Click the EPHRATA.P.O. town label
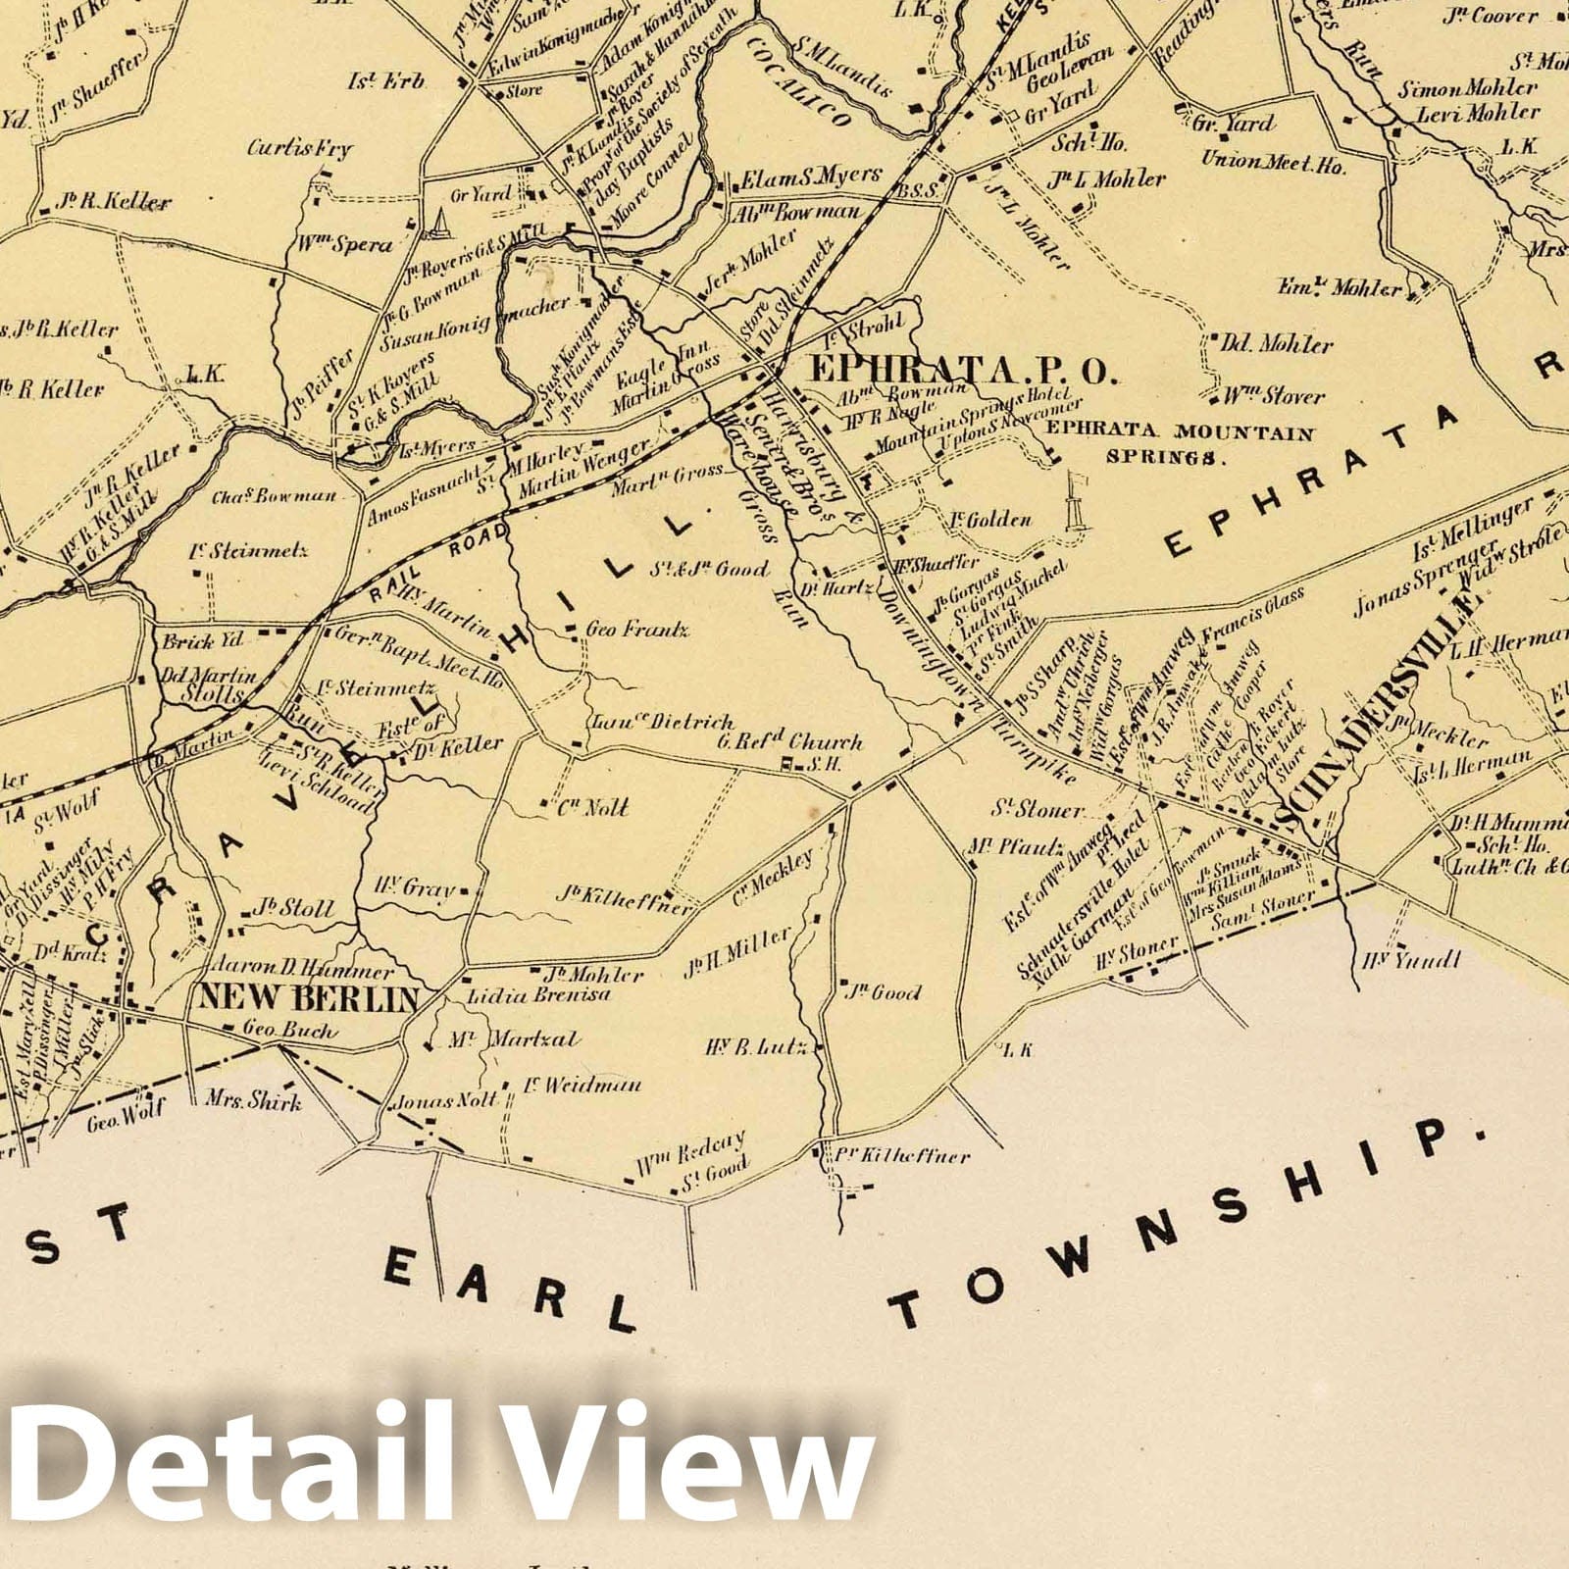tap(960, 371)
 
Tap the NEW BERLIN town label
tap(309, 997)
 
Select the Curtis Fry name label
tap(299, 149)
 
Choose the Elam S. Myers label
tap(810, 177)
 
